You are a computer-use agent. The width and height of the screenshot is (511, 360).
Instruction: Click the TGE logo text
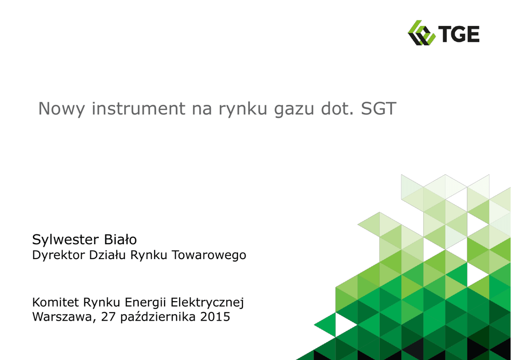click(x=459, y=34)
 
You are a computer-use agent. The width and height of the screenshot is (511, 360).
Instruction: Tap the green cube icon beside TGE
click(x=421, y=32)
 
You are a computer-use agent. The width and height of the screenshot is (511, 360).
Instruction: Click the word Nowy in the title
click(x=61, y=109)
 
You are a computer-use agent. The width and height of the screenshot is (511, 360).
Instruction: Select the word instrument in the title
click(x=139, y=108)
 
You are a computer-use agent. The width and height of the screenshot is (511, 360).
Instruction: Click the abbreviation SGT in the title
click(x=378, y=108)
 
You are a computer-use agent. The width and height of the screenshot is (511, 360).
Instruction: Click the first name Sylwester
click(x=65, y=240)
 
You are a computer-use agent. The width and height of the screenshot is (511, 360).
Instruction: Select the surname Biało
click(x=120, y=239)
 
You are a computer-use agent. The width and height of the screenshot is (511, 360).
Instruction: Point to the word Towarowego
click(x=209, y=255)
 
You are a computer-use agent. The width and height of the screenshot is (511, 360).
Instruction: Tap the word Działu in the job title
click(x=107, y=255)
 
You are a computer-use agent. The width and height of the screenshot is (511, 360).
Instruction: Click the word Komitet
click(x=55, y=302)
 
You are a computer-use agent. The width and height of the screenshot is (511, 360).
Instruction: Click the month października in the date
click(x=158, y=317)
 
